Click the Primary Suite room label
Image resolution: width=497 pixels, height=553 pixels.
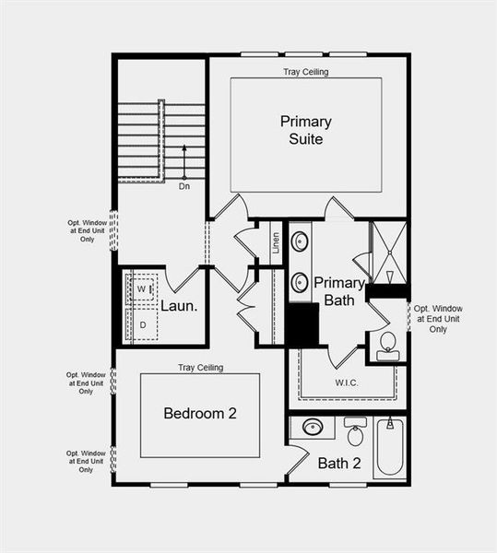[x=305, y=130]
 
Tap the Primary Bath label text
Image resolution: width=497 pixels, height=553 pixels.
[x=340, y=290]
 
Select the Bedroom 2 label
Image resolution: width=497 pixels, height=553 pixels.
[x=200, y=414]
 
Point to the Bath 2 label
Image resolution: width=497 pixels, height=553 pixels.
[x=338, y=463]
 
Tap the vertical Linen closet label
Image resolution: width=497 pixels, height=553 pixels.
[x=276, y=245]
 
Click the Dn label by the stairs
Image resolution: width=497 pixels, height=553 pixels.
[x=184, y=186]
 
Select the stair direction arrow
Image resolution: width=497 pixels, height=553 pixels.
[x=184, y=161]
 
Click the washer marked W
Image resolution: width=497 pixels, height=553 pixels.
[x=142, y=288]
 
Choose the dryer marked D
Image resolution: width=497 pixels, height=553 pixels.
[x=142, y=324]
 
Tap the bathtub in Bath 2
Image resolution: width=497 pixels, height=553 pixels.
[x=390, y=448]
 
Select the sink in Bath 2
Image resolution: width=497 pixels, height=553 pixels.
[x=313, y=428]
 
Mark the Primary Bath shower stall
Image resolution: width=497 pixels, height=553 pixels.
[x=387, y=251]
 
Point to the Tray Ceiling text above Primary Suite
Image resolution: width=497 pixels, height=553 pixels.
[x=305, y=72]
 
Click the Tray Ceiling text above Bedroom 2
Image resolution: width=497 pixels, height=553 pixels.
[x=200, y=368]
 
